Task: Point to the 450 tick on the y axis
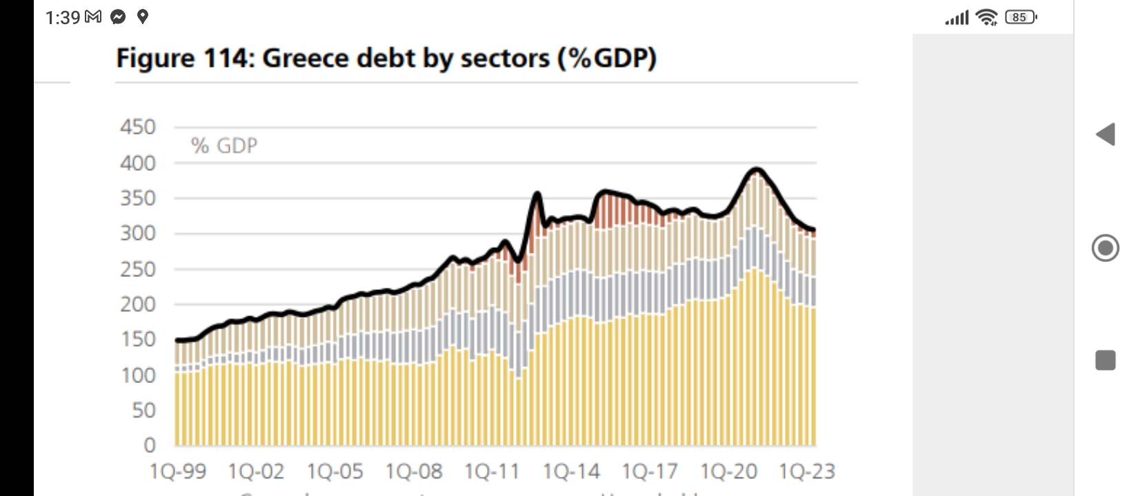(138, 127)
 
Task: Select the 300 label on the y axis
(138, 234)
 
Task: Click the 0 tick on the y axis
(150, 446)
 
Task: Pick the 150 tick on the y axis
(138, 340)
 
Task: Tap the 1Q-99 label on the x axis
(178, 472)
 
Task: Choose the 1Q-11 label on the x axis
(492, 472)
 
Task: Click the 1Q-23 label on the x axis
(807, 472)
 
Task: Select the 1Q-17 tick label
(650, 472)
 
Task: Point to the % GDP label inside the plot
(224, 146)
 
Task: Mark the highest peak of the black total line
(757, 169)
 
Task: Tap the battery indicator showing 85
(1021, 17)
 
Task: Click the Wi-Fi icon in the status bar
(988, 17)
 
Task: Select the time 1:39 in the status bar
(63, 17)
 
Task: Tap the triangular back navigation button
(1106, 134)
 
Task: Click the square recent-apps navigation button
(1106, 360)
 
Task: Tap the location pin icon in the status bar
(143, 17)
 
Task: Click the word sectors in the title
(505, 59)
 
